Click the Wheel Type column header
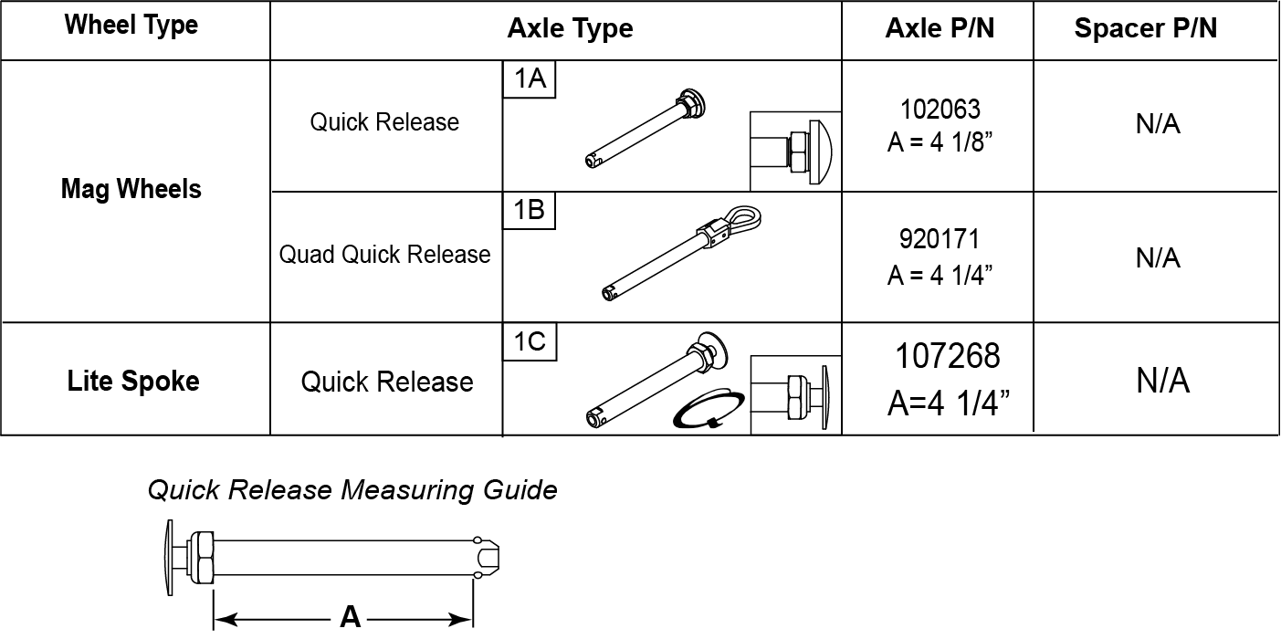(x=131, y=26)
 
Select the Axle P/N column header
(x=940, y=28)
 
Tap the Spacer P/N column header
(x=1146, y=28)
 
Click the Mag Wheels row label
(x=131, y=189)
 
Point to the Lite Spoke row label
(x=133, y=382)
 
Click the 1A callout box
(x=530, y=79)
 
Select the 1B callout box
(x=529, y=210)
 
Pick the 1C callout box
(x=530, y=341)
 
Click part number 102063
(x=940, y=110)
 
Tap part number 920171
(x=940, y=239)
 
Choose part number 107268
(x=948, y=356)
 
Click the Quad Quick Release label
(x=385, y=255)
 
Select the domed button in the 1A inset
(x=821, y=152)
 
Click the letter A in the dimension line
(x=350, y=617)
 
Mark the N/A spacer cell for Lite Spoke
(x=1162, y=382)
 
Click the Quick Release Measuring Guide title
(x=352, y=490)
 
